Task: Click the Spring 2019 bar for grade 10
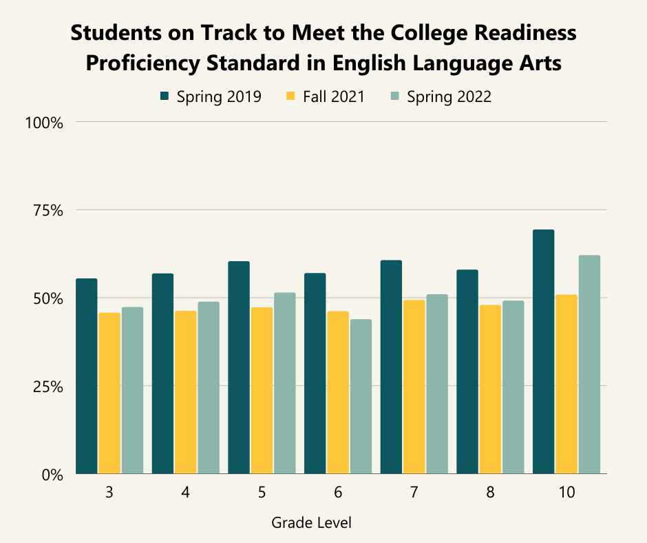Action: click(543, 351)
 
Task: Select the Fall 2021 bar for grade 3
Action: click(109, 393)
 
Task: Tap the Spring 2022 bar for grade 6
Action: click(361, 396)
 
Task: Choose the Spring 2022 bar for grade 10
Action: click(589, 365)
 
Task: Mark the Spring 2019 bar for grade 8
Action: click(467, 371)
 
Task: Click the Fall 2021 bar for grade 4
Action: click(185, 392)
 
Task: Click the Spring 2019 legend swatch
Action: click(165, 96)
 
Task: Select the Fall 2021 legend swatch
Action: click(291, 96)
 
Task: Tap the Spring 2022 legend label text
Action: click(449, 96)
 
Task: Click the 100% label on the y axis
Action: click(45, 123)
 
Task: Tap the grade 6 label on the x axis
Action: click(338, 493)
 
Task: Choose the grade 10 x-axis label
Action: click(566, 493)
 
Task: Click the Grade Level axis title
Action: click(311, 523)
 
